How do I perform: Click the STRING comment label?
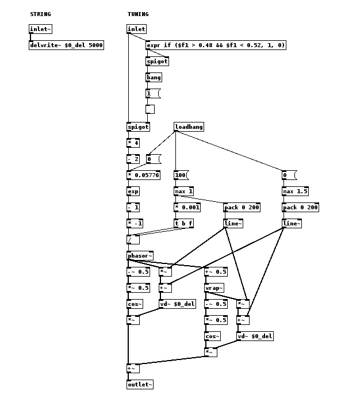coord(40,14)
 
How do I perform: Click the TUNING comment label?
coord(138,14)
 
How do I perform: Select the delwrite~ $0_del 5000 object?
coord(66,45)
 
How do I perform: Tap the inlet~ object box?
coord(40,29)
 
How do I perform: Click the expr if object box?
coord(216,45)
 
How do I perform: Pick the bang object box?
coord(154,77)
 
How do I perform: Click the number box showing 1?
coord(152,94)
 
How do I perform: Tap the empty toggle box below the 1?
coord(150,109)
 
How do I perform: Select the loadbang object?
coord(189,127)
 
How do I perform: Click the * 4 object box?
coord(133,143)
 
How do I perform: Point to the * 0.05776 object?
coord(143,175)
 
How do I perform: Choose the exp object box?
coord(133,192)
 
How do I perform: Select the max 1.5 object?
coord(295,192)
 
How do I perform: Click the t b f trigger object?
coord(183,224)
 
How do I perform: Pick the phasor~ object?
coord(140,256)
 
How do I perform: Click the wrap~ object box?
coord(214,288)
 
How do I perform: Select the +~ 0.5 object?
coord(216,272)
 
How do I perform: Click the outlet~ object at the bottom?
coord(140,385)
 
